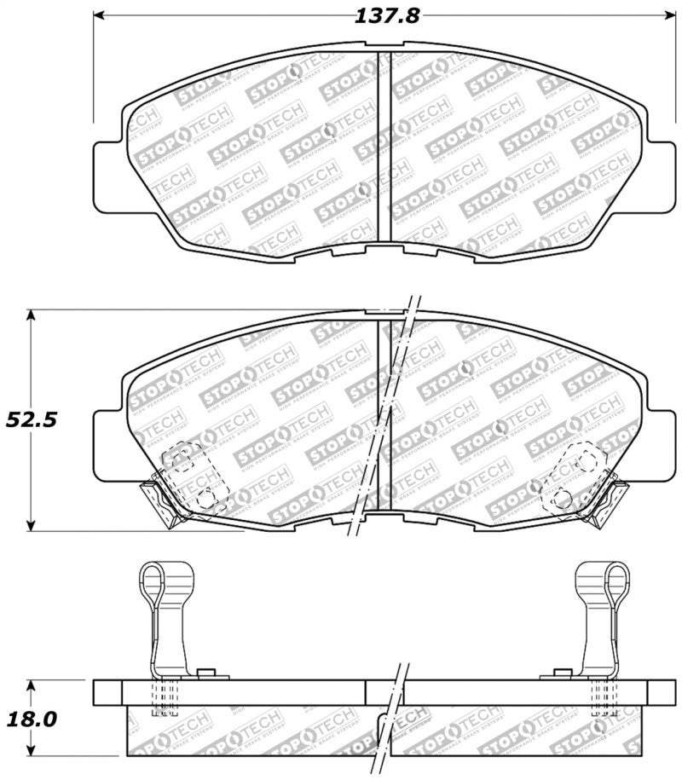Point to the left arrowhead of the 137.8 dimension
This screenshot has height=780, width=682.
tap(98, 16)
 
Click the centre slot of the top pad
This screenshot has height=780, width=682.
tap(384, 149)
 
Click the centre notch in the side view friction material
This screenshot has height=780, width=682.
tap(384, 725)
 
